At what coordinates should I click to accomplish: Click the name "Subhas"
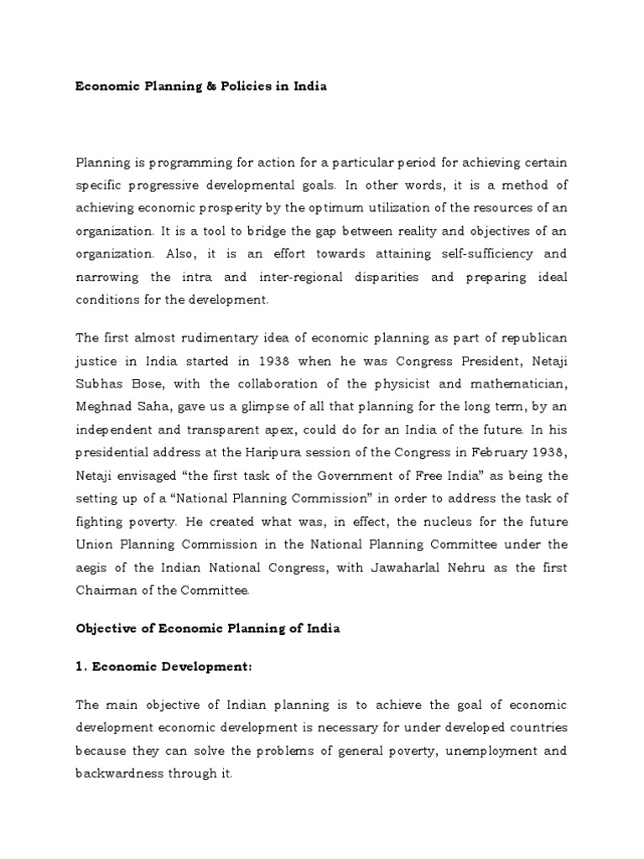click(99, 384)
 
